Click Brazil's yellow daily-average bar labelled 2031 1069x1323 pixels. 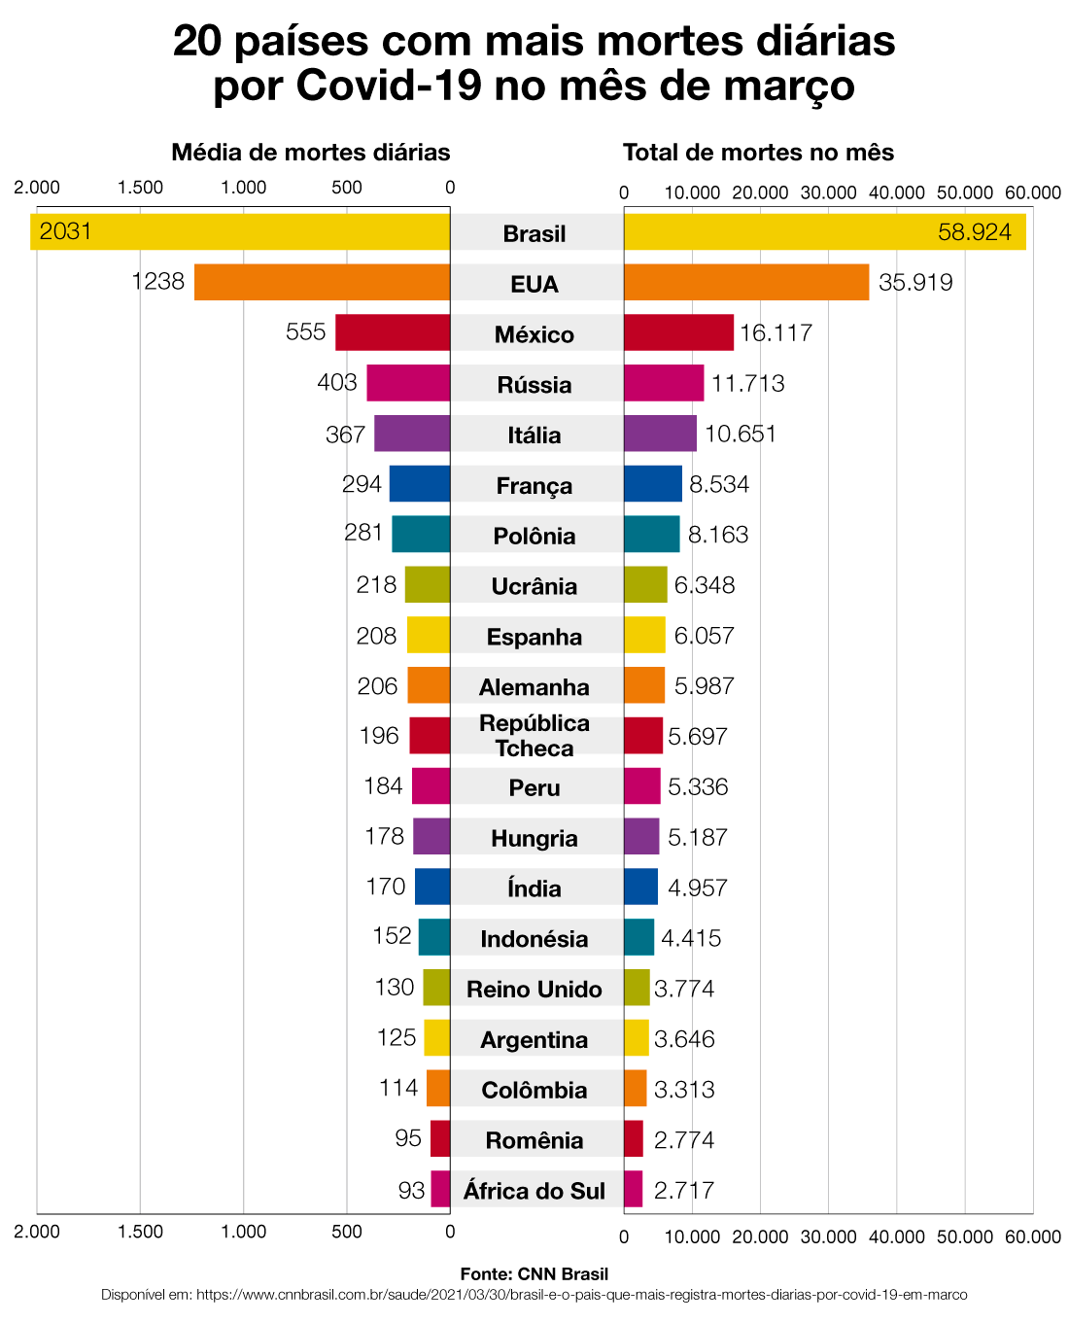point(243,232)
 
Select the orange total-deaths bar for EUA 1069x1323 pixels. point(745,282)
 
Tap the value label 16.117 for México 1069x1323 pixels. point(776,333)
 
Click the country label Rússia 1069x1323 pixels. point(534,385)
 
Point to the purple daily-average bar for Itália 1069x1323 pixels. point(412,434)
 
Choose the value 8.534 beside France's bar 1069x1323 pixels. point(719,484)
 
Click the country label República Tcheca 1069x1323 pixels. point(534,736)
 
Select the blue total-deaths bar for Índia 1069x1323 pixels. point(640,887)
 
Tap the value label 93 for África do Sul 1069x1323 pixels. point(411,1190)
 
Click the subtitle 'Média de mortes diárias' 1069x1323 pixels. point(311,153)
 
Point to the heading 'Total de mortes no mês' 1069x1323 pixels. point(758,153)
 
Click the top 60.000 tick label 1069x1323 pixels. point(1032,192)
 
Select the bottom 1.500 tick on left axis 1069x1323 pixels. point(140,1233)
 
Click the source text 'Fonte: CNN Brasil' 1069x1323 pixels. point(534,1273)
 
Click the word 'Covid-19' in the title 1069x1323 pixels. point(389,86)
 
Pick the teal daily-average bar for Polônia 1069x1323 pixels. point(421,535)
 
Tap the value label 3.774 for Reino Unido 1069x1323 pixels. point(684,989)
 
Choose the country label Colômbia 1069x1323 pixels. point(534,1090)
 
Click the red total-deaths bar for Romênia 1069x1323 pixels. point(634,1138)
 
